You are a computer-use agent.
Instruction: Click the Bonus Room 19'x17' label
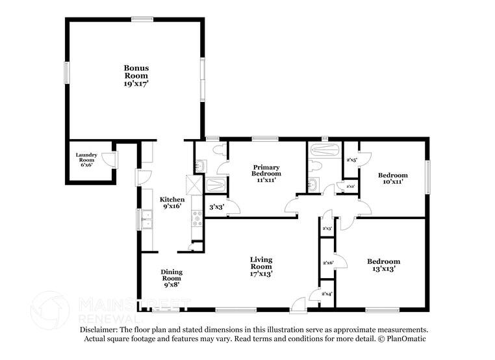click(136, 75)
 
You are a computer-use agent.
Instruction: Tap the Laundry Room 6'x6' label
click(86, 159)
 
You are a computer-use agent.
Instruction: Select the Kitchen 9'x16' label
click(172, 203)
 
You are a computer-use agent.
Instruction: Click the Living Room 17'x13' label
click(261, 266)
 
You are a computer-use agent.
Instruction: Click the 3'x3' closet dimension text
click(216, 207)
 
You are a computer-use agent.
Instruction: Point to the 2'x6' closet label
click(328, 263)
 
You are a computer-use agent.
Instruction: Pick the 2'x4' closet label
click(328, 294)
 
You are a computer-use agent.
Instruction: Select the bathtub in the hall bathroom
click(323, 150)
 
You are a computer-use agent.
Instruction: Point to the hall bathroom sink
click(313, 184)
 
